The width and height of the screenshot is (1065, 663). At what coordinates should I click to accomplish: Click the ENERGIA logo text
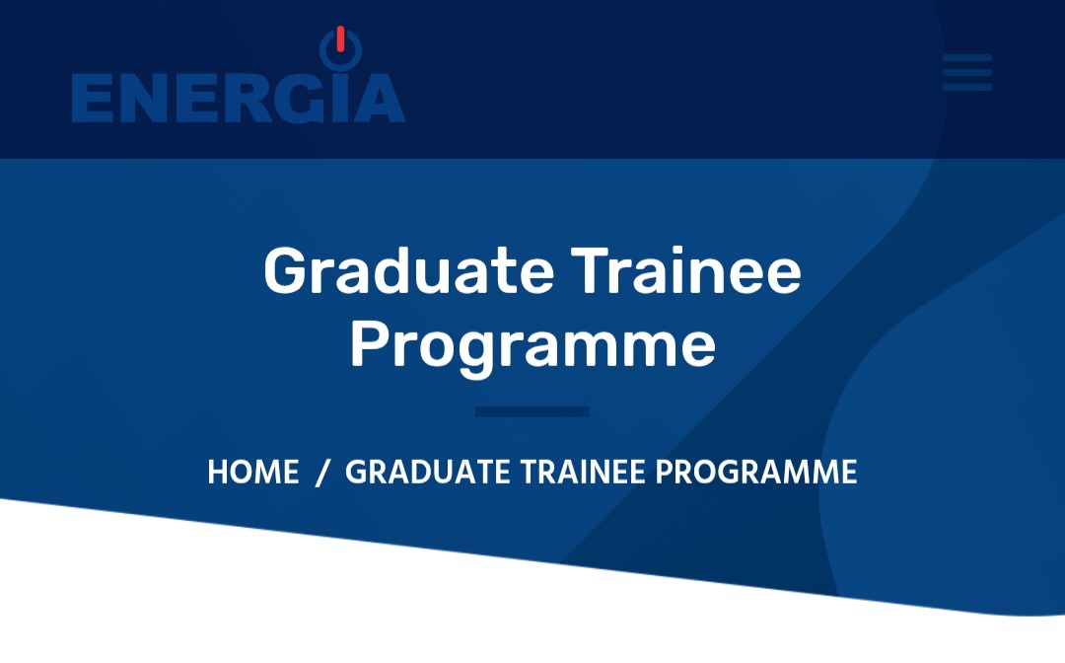click(x=239, y=98)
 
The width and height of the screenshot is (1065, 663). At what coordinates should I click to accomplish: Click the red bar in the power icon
click(x=340, y=38)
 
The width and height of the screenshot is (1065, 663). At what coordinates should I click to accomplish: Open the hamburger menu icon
click(x=967, y=72)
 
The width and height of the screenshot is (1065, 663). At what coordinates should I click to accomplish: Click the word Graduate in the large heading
click(x=409, y=270)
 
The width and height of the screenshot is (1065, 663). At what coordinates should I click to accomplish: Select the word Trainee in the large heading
click(x=686, y=270)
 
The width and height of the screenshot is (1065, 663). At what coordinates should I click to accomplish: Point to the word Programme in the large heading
click(x=532, y=346)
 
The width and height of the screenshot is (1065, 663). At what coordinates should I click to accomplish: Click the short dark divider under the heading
click(x=532, y=411)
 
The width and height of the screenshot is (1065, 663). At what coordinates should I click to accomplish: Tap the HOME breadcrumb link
click(x=253, y=473)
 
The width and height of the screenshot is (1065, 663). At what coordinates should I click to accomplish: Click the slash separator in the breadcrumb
click(x=322, y=473)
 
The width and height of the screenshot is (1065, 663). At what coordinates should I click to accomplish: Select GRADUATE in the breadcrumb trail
click(x=428, y=473)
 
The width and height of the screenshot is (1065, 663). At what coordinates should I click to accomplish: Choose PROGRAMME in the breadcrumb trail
click(x=756, y=473)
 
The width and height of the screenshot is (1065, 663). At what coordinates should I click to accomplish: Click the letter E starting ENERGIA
click(x=93, y=99)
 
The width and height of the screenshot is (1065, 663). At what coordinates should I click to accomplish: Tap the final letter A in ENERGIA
click(x=380, y=99)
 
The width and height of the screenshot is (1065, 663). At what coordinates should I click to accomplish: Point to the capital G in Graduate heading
click(x=286, y=270)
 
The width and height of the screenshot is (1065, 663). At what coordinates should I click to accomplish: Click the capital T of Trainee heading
click(x=592, y=269)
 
